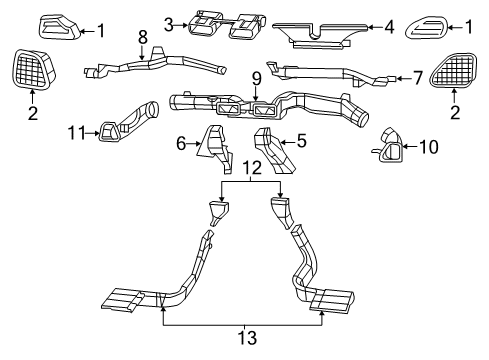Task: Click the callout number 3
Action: (x=170, y=23)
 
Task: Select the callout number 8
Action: (x=143, y=38)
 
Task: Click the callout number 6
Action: (x=182, y=144)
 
